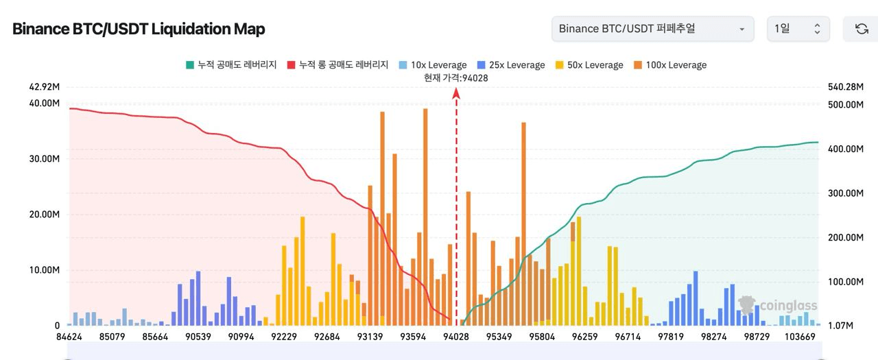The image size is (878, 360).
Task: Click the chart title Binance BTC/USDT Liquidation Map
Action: pos(139,29)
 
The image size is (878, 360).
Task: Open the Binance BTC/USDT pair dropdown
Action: pos(652,29)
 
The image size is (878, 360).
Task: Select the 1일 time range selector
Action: pos(798,29)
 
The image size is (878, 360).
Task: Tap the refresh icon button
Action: pos(862,29)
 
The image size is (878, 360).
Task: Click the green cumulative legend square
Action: pos(190,65)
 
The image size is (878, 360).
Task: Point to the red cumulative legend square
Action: pos(291,65)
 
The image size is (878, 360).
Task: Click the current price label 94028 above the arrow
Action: pos(455,78)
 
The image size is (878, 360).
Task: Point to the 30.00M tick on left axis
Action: pos(43,158)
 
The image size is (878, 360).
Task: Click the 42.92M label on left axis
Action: pos(43,87)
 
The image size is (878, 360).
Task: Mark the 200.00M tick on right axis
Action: pos(845,237)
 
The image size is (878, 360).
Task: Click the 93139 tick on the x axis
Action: pos(370,337)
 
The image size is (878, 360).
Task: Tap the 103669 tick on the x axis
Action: pos(800,337)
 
